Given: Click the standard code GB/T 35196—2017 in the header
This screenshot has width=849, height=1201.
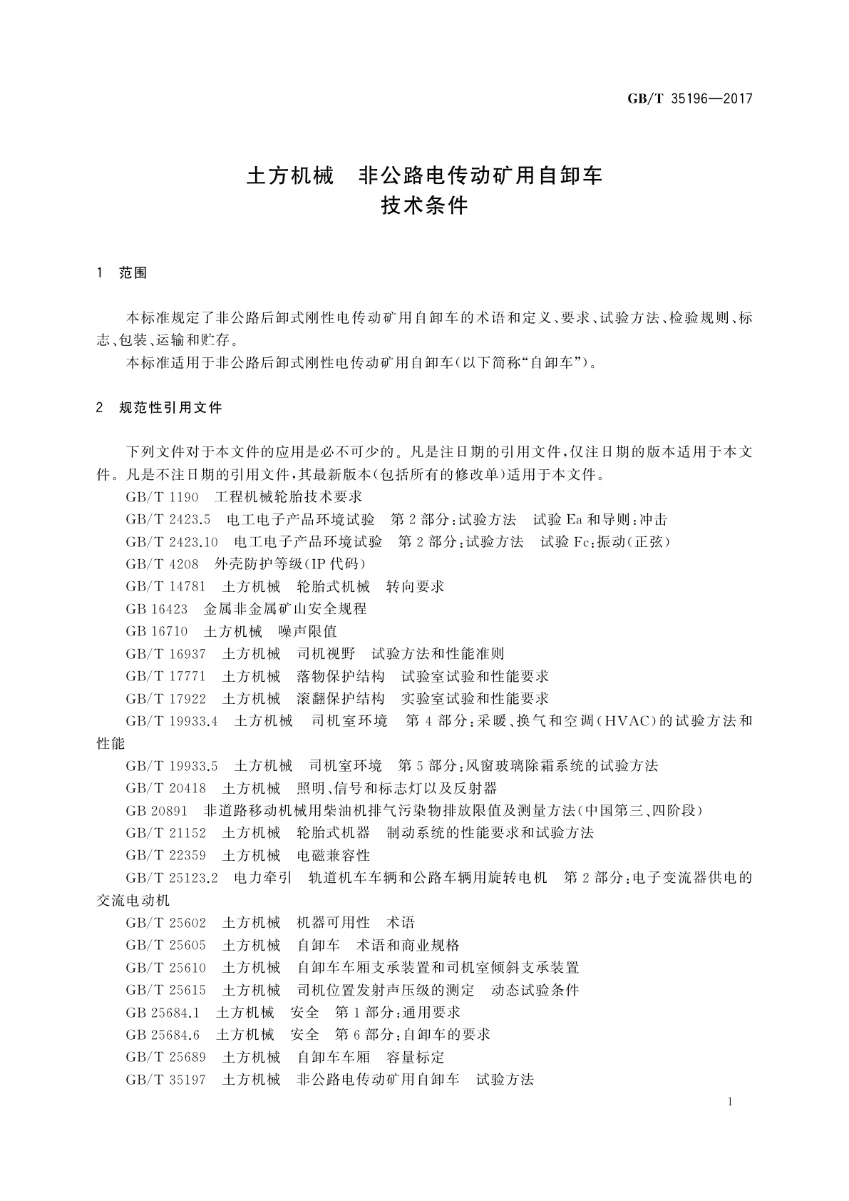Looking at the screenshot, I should [x=689, y=99].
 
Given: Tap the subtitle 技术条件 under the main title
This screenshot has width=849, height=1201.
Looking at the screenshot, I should [x=425, y=206].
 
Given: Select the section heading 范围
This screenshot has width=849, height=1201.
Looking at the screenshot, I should [x=133, y=273].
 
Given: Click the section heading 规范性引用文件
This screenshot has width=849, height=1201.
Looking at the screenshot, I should [x=171, y=408].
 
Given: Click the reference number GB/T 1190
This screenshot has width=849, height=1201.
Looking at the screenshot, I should [x=162, y=497].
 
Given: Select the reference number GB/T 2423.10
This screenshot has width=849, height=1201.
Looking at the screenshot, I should [x=172, y=542].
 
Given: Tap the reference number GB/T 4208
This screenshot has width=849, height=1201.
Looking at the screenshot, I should [x=162, y=564].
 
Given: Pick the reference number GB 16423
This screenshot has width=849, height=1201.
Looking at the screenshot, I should [x=157, y=609].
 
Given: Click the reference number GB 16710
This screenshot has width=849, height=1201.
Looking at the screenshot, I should [x=157, y=631].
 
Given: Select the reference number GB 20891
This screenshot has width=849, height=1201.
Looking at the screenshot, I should [x=157, y=811].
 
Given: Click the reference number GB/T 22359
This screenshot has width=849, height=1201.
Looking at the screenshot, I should [x=165, y=855].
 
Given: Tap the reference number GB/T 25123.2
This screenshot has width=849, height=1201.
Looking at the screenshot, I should [x=172, y=878].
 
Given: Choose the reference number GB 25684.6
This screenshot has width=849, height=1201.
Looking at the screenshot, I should [x=163, y=1035].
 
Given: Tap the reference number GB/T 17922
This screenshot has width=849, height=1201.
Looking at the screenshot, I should [x=165, y=698].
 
